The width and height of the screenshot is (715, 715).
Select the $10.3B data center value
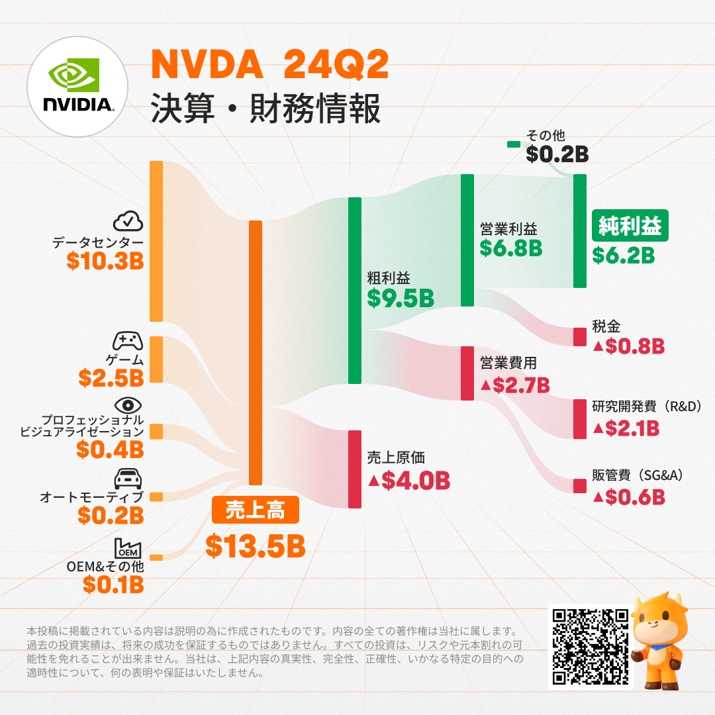[105, 261]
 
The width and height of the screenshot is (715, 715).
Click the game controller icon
[128, 341]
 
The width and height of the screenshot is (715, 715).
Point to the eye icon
[128, 405]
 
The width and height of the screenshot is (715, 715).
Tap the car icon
[128, 478]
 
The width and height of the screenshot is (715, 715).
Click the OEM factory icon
[128, 548]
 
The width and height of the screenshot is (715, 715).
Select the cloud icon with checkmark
[128, 222]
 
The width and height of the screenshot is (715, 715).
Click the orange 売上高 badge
[256, 510]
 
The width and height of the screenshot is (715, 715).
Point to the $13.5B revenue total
[255, 546]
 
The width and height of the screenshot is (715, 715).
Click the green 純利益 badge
[630, 226]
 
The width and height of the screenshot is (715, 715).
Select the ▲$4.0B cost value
[408, 480]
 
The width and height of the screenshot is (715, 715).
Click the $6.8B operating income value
[511, 248]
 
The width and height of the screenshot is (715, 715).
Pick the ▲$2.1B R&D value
[626, 428]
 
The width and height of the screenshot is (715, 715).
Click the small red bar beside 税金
[580, 336]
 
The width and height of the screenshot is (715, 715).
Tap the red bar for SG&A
[580, 486]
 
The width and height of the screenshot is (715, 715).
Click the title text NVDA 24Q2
[269, 66]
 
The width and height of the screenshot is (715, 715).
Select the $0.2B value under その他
[557, 154]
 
